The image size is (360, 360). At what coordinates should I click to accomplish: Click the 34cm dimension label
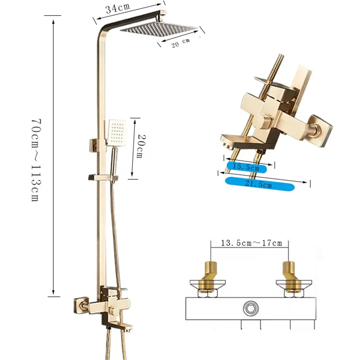(x=118, y=8)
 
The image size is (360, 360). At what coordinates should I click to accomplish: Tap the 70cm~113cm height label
(x=36, y=160)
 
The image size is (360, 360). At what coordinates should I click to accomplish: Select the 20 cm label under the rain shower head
(x=181, y=43)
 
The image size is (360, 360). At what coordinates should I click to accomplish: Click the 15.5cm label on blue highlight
(x=246, y=167)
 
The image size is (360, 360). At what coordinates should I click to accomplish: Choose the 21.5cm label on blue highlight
(x=258, y=184)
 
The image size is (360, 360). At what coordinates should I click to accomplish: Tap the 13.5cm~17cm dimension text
(x=252, y=243)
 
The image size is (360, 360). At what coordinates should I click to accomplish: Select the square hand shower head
(x=116, y=133)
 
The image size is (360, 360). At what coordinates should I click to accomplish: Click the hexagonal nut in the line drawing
(x=250, y=308)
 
